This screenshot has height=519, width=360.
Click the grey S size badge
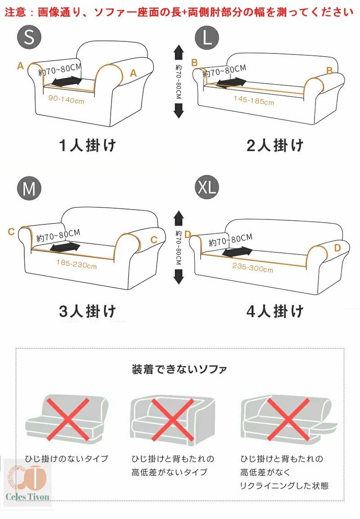coord(29,37)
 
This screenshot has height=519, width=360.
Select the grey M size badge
coord(29,188)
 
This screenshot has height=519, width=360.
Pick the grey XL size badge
coord(207,187)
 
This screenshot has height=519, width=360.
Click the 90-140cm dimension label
coord(66,99)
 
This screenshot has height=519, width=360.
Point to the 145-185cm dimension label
coord(254,100)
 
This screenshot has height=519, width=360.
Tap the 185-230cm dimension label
coord(76,264)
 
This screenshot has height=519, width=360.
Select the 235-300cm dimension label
coord(253,268)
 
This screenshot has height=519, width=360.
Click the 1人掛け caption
coord(87,145)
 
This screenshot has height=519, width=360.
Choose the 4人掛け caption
coord(275,311)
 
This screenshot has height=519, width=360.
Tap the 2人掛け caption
coord(275,145)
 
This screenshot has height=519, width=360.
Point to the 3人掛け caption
coord(87,311)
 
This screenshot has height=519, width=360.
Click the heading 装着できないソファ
coord(179,369)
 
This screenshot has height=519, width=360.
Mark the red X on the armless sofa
coord(67,419)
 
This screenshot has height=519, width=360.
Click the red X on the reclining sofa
coord(288,419)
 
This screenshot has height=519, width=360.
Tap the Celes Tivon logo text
coord(27,496)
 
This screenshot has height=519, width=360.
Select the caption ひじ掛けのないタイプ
coord(67,458)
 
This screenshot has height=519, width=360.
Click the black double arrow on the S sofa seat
coord(67,81)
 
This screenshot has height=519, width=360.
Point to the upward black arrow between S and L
coord(179,52)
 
